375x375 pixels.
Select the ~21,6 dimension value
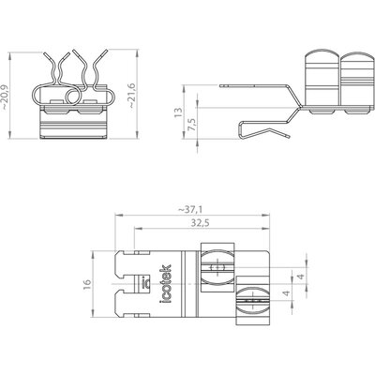click(131, 96)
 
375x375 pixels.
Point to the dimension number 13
click(178, 112)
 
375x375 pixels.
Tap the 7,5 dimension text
click(192, 124)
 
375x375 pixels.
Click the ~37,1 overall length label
click(190, 210)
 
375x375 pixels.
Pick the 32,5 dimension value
click(200, 223)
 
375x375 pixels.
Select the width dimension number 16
click(87, 284)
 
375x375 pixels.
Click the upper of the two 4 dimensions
click(300, 277)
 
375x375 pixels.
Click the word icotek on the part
click(165, 284)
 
